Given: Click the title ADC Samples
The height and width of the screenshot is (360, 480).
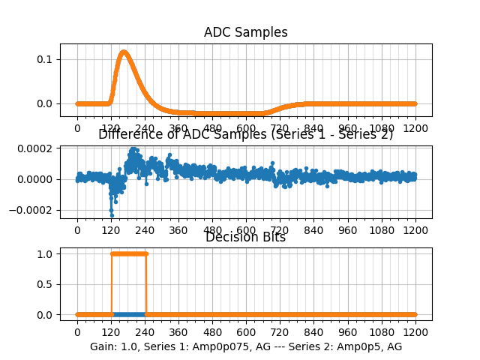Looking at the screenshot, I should [x=246, y=32].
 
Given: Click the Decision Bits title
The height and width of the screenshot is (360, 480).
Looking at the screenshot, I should [x=246, y=238].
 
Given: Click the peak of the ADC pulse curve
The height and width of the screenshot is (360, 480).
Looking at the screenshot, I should [x=123, y=52].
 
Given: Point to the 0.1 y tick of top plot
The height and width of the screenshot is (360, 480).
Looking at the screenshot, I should [x=46, y=59].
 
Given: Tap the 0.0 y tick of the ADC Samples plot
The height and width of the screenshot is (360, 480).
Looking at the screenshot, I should [x=46, y=103].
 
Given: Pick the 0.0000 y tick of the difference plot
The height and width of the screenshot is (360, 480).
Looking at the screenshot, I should [x=36, y=179].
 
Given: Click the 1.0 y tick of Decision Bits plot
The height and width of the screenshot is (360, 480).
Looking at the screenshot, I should [x=46, y=253].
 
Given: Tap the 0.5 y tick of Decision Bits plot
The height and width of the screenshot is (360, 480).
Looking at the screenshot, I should [x=46, y=284].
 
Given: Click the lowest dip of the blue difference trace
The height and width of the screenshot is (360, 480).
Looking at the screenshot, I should [x=112, y=215].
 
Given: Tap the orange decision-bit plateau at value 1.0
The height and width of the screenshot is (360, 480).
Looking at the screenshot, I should [x=128, y=253].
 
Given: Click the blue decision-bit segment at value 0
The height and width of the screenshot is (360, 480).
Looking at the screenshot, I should [x=128, y=314].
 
